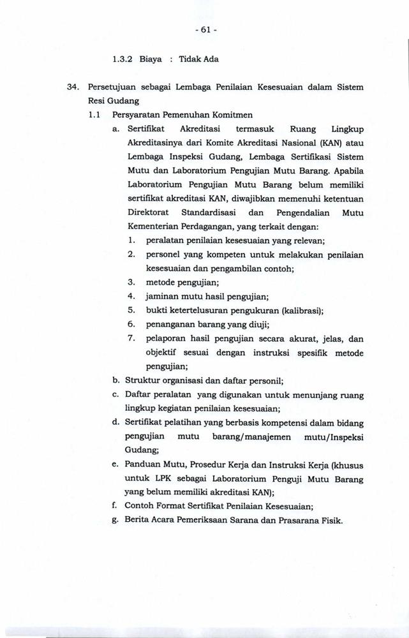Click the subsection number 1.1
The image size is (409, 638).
(95, 115)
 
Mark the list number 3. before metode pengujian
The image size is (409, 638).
(131, 281)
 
